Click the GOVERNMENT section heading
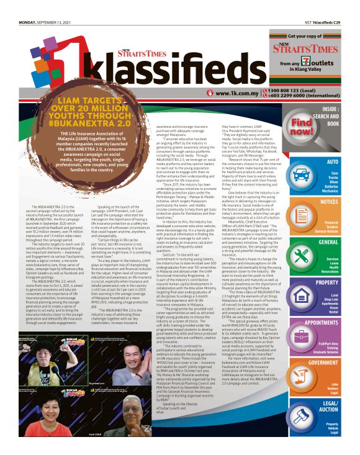[x=323, y=363]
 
